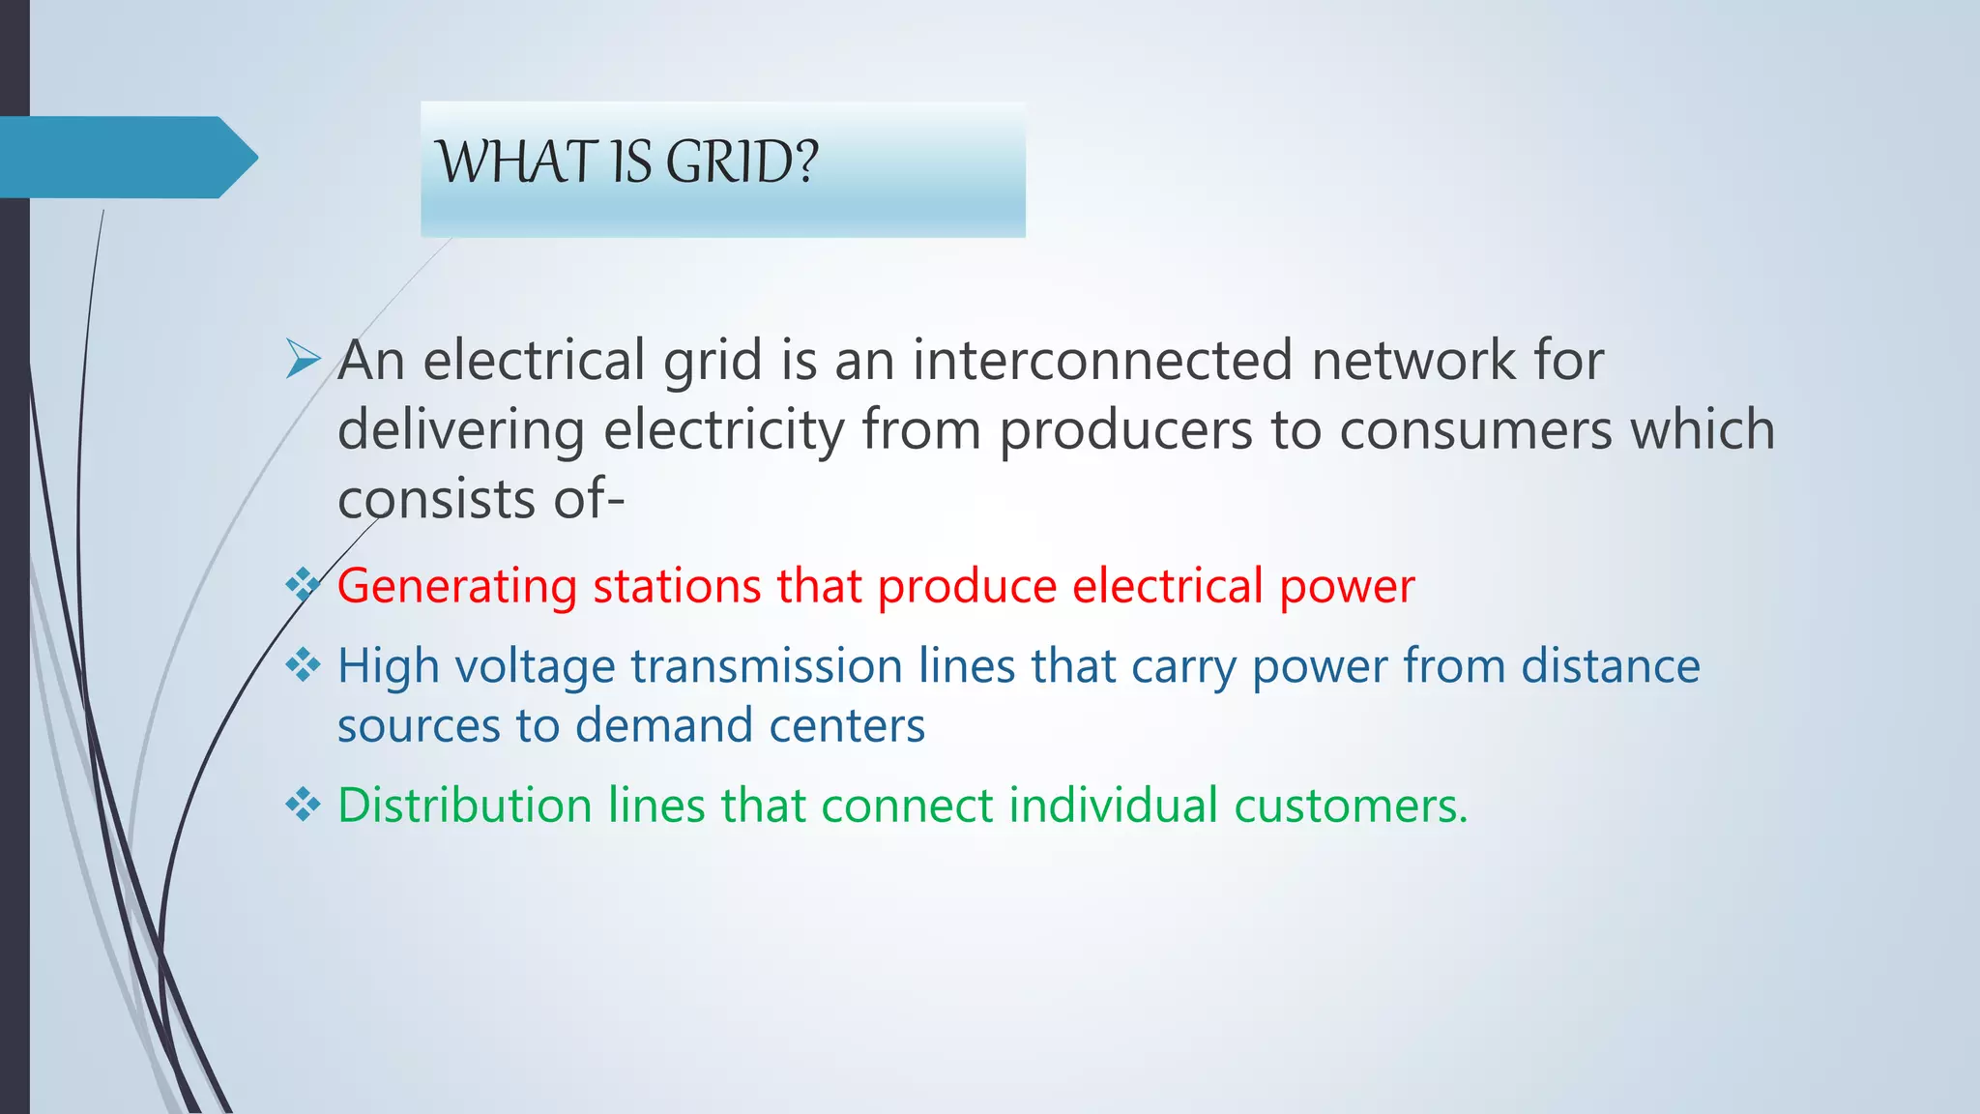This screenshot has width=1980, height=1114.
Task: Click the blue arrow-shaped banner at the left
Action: click(x=126, y=157)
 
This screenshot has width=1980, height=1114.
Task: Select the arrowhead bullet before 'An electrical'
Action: click(x=304, y=361)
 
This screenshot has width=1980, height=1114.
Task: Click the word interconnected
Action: click(x=1102, y=360)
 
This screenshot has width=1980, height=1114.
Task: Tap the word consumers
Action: click(x=1475, y=430)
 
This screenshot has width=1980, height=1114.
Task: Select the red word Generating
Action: click(x=457, y=587)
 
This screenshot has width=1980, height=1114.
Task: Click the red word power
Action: click(x=1347, y=587)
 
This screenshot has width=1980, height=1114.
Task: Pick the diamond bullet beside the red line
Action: click(x=304, y=584)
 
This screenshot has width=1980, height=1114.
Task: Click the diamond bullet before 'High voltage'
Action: click(x=304, y=664)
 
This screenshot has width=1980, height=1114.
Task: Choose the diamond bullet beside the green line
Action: click(x=304, y=804)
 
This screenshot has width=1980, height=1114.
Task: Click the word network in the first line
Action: click(x=1413, y=360)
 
